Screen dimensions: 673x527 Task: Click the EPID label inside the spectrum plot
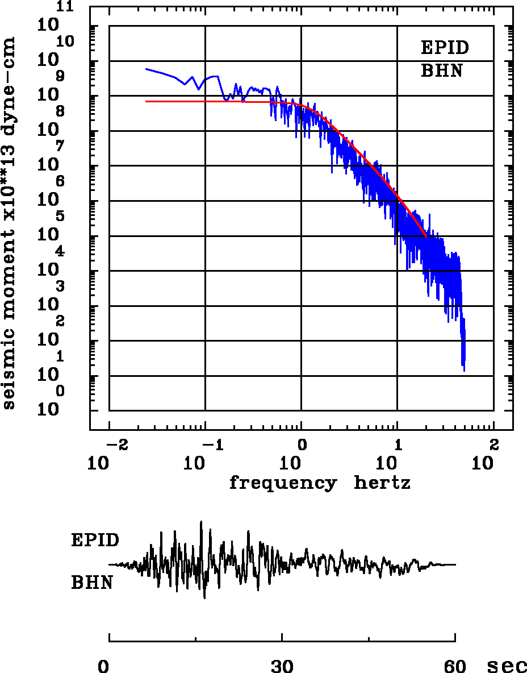tap(445, 48)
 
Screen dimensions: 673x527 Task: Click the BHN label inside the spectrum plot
tap(441, 71)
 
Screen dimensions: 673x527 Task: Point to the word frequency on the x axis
tap(282, 483)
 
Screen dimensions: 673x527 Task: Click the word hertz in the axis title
tap(382, 483)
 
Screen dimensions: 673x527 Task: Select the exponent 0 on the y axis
tap(60, 392)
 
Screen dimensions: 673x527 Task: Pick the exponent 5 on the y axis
tap(60, 217)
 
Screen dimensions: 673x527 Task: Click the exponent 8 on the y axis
tap(60, 111)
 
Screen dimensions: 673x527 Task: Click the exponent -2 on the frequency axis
tap(116, 443)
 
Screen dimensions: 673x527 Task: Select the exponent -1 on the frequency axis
tap(212, 443)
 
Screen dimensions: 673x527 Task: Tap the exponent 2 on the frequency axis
tap(493, 443)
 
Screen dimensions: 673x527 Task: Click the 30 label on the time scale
tap(282, 666)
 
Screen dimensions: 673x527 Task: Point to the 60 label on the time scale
tap(455, 666)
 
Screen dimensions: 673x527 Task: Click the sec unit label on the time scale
tap(507, 666)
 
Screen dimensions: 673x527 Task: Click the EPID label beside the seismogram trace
tap(95, 540)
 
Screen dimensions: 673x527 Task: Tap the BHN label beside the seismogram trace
tap(91, 583)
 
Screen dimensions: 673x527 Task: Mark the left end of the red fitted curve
tap(146, 101)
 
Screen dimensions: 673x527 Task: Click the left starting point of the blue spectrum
tap(146, 69)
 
